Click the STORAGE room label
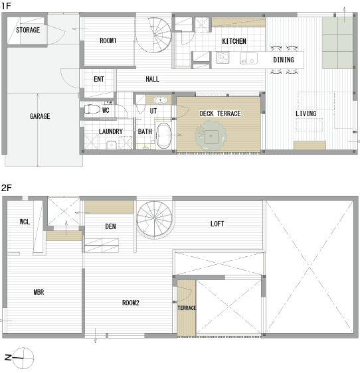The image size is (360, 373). coord(28,30)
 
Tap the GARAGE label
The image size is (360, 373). coord(40,116)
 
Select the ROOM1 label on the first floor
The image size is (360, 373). coord(108,40)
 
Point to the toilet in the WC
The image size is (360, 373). coord(92,110)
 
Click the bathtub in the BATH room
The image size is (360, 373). coord(163,135)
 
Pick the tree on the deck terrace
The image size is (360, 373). coord(211,135)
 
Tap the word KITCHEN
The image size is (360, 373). coord(234,41)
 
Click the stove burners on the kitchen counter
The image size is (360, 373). coord(223,58)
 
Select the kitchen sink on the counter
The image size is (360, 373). coord(248,58)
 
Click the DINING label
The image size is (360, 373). coord(284,60)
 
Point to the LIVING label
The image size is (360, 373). coord(306,113)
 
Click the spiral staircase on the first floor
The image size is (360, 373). coord(154,35)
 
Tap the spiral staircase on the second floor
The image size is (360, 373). coord(155,219)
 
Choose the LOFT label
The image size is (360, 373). coord(217,224)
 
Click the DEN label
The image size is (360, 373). coord(110,226)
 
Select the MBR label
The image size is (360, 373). coord(39,292)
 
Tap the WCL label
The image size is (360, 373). coord(25,222)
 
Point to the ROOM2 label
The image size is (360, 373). coord(131,303)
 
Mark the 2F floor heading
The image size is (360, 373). coord(6,188)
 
